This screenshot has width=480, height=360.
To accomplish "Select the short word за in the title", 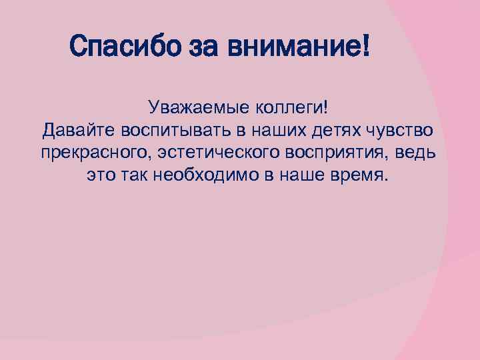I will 199,47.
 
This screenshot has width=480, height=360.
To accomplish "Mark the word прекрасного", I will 95,153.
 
